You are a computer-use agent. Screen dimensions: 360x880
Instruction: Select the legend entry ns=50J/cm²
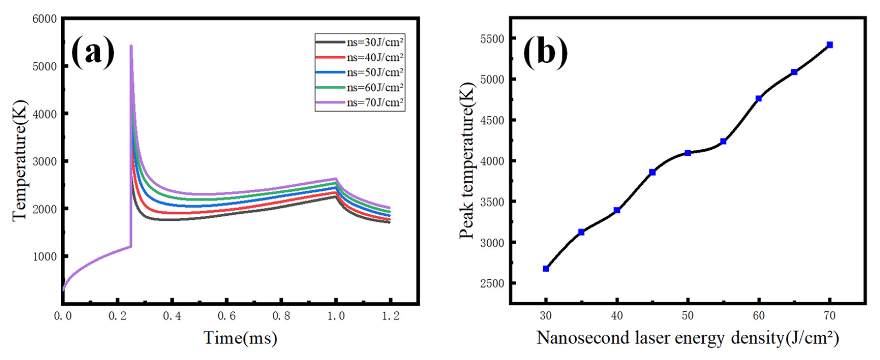tap(360, 72)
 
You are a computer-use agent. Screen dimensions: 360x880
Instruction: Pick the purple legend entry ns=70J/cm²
tap(360, 102)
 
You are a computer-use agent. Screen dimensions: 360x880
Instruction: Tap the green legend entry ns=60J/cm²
tap(360, 87)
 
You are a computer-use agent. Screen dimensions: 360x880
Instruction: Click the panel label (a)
tap(93, 52)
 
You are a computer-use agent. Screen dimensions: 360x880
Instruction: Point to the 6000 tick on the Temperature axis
tap(44, 19)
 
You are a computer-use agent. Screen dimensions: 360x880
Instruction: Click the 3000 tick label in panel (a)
tap(44, 161)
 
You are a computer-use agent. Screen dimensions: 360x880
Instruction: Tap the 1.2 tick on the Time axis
tap(391, 316)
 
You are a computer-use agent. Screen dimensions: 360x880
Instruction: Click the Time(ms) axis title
tap(240, 338)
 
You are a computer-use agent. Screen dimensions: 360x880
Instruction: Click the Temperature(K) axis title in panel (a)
tap(20, 161)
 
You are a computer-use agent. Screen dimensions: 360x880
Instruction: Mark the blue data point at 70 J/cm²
tap(830, 45)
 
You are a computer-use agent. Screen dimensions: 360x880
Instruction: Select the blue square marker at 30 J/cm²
tap(546, 269)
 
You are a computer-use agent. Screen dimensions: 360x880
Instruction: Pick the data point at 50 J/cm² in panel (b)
tap(688, 153)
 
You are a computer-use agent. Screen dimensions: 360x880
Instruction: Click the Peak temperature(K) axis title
tap(467, 161)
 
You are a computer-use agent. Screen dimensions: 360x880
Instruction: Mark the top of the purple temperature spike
tap(131, 46)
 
